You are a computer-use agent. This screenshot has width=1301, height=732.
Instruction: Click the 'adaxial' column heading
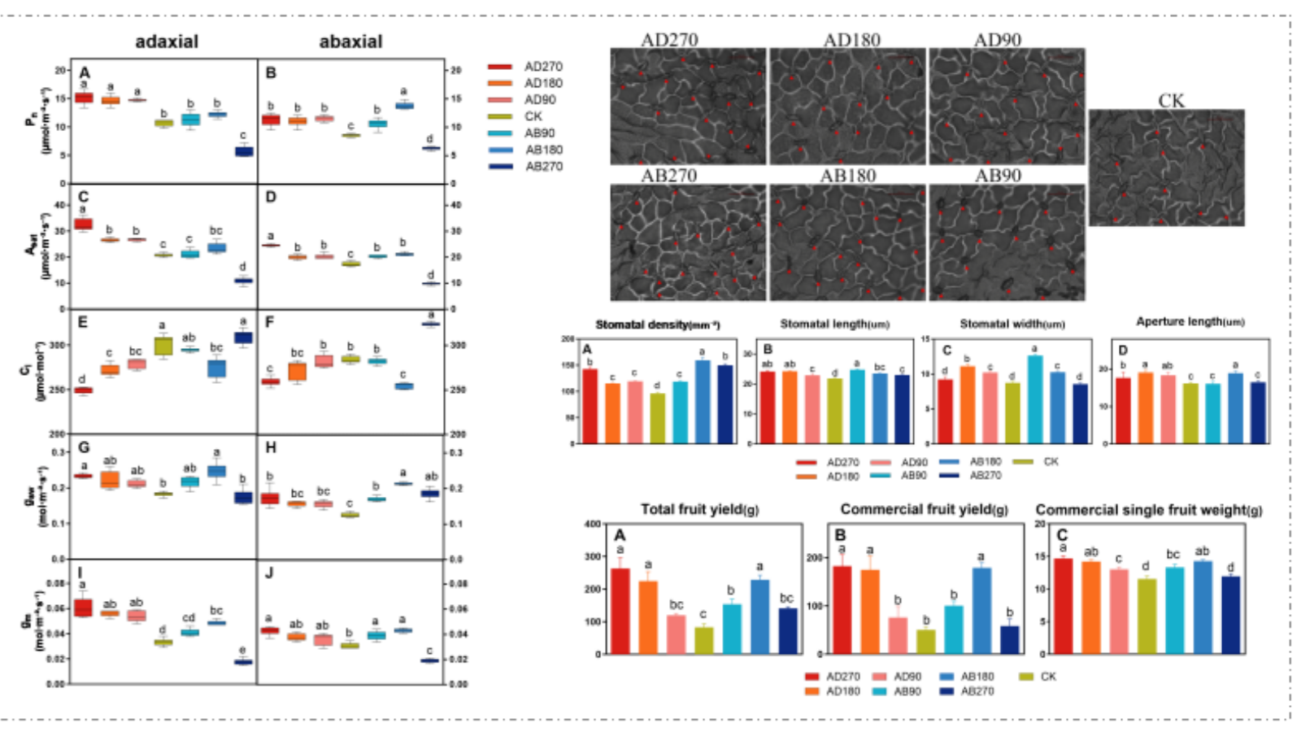[167, 41]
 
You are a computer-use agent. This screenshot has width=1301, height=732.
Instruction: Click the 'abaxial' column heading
[350, 41]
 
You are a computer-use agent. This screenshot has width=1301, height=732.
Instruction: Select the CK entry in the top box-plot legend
[533, 116]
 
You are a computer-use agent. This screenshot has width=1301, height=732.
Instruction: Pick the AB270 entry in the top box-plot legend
[543, 166]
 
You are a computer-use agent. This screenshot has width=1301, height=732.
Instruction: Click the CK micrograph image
[1166, 168]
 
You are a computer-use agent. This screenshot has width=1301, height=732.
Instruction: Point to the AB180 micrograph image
[847, 242]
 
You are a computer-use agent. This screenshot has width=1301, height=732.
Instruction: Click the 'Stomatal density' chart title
[657, 325]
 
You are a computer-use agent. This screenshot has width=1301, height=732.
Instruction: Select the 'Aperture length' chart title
[1190, 322]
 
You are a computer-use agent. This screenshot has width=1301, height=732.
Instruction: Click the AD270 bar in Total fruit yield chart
[620, 611]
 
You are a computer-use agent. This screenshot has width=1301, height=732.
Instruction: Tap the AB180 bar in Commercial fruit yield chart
[981, 610]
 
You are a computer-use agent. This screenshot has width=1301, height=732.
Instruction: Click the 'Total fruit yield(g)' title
[699, 510]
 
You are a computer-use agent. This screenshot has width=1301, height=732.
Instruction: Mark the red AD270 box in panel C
[83, 224]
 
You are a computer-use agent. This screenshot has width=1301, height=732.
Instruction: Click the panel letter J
[269, 573]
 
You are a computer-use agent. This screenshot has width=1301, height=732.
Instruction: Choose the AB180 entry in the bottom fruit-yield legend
[977, 677]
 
